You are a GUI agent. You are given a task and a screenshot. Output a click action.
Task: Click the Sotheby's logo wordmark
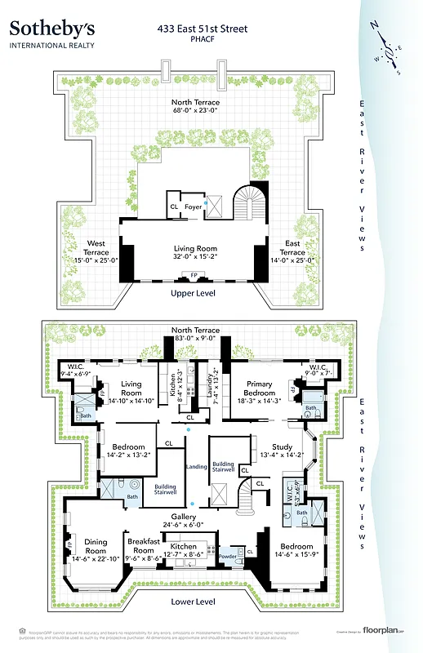point(50,28)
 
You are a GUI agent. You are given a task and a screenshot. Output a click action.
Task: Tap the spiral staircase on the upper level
point(246,202)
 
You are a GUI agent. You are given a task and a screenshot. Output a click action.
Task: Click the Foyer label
point(193,207)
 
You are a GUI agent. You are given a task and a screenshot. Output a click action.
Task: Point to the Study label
point(283,446)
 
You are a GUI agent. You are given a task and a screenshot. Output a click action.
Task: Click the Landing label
point(196,466)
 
